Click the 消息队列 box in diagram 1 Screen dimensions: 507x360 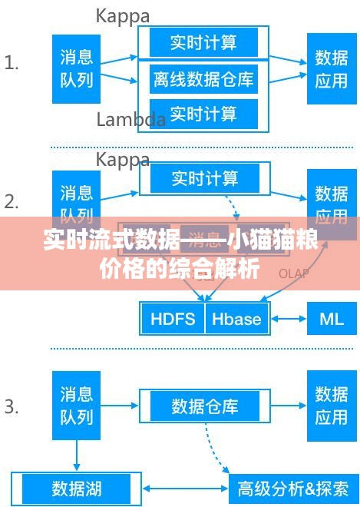click(76, 68)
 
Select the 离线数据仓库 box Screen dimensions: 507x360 click(203, 78)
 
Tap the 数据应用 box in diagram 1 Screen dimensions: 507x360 click(332, 68)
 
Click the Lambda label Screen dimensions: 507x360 click(130, 120)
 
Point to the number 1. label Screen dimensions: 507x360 click(12, 63)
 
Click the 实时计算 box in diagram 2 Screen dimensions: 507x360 click(204, 178)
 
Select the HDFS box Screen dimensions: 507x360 click(173, 319)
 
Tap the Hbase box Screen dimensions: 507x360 click(236, 319)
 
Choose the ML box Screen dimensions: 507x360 click(332, 319)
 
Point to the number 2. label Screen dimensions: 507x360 click(12, 202)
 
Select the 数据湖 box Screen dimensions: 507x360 click(76, 487)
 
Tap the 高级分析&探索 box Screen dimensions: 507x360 click(293, 488)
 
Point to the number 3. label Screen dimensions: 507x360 click(12, 406)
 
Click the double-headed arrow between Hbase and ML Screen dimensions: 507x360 click(288, 319)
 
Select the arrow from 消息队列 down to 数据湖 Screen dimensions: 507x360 click(76, 456)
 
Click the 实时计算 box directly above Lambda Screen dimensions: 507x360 click(203, 114)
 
